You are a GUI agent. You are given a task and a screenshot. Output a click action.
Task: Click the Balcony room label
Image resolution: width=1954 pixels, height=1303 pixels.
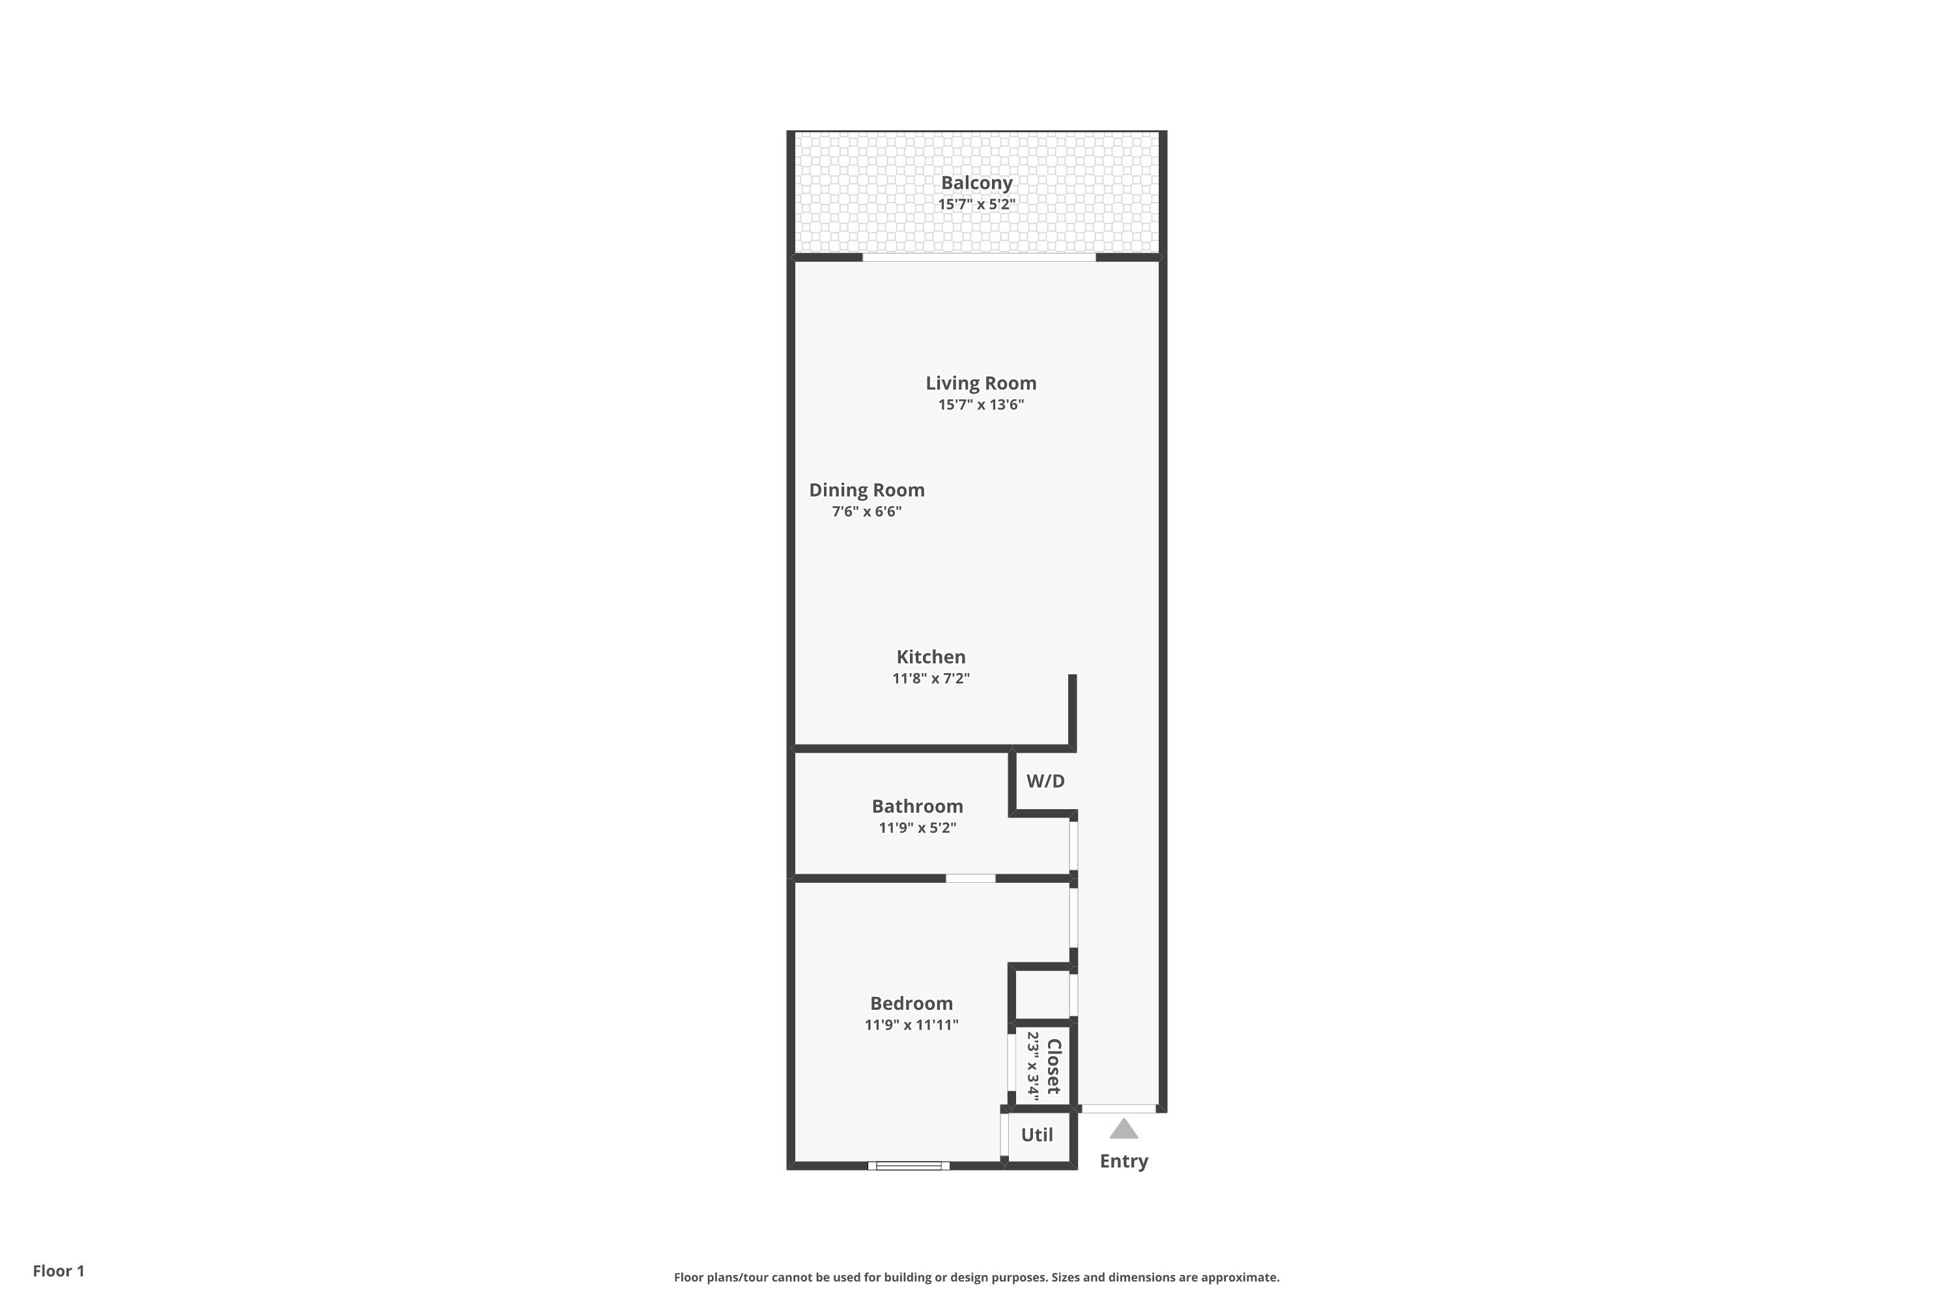976,184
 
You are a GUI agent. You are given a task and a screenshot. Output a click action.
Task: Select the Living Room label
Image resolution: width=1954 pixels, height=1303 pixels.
981,383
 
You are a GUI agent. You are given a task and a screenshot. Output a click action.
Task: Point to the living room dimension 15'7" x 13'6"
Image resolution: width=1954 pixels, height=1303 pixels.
981,405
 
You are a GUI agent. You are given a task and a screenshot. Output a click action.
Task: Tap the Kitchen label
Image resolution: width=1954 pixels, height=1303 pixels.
931,657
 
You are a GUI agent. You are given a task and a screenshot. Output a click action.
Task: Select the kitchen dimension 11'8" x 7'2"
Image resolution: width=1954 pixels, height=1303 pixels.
931,678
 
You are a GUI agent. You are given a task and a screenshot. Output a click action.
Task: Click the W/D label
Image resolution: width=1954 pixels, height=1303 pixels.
1045,781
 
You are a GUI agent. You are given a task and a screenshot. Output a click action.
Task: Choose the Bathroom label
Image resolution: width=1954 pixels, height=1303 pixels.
917,806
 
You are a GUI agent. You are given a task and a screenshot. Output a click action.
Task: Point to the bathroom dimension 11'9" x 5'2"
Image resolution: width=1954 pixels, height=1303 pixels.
917,827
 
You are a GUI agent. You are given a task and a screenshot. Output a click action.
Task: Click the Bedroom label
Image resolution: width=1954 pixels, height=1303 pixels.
911,1003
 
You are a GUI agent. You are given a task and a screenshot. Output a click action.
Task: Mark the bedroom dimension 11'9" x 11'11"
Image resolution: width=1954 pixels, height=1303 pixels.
911,1025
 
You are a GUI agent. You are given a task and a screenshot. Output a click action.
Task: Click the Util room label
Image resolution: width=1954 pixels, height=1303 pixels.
1037,1135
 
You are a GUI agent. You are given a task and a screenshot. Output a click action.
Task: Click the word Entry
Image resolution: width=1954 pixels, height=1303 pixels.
1124,1162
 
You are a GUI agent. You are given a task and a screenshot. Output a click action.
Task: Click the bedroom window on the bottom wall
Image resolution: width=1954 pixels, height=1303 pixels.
909,1166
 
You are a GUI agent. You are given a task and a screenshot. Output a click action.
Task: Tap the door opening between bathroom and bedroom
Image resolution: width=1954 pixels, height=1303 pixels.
970,878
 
